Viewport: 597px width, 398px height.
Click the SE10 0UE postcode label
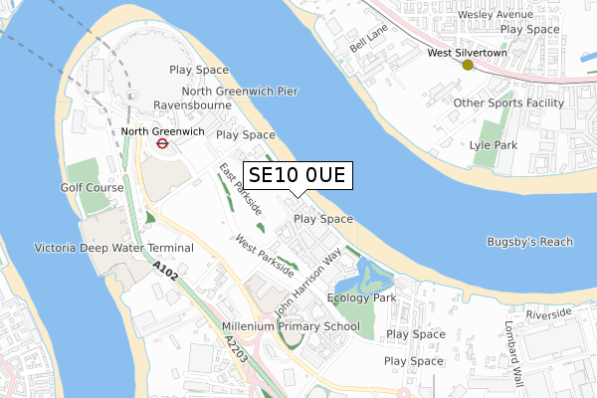pos(296,176)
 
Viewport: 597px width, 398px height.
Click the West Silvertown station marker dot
pos(468,65)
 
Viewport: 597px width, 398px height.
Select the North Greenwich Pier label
pos(226,90)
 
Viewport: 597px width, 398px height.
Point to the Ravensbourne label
pos(192,103)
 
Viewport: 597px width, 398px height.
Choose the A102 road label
pos(167,271)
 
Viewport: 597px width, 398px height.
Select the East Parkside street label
pos(241,189)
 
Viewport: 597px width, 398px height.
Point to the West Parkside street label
pos(265,254)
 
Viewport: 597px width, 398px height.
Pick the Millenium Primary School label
pos(292,325)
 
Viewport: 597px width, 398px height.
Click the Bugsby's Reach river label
pos(530,242)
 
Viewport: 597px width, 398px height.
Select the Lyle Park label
pos(493,144)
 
